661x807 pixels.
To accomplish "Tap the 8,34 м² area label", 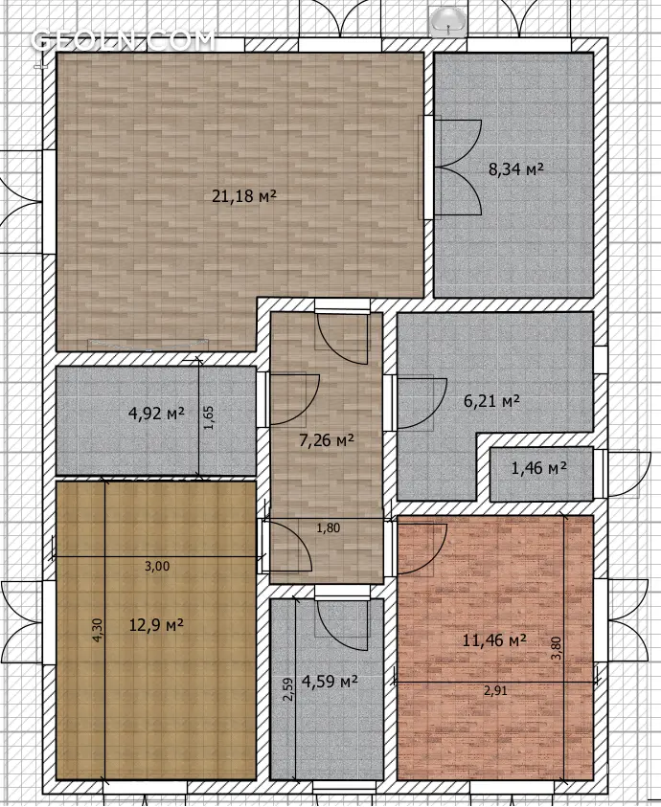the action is pyautogui.click(x=516, y=168).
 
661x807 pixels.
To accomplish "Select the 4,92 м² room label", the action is pyautogui.click(x=156, y=413).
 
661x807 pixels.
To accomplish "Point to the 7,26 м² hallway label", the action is pyautogui.click(x=326, y=440).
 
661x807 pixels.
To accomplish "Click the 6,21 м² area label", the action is pyautogui.click(x=491, y=400).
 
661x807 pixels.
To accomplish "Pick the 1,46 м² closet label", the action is pyautogui.click(x=539, y=468).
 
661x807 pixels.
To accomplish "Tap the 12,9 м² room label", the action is pyautogui.click(x=156, y=625).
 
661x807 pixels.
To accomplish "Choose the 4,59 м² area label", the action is pyautogui.click(x=330, y=682).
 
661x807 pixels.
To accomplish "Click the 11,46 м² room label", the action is pyautogui.click(x=494, y=640).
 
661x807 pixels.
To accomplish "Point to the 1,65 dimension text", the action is pyautogui.click(x=208, y=418).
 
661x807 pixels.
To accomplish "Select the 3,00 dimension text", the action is pyautogui.click(x=157, y=567).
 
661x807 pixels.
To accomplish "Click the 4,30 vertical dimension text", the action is pyautogui.click(x=98, y=630).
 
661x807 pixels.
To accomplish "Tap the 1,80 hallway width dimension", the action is pyautogui.click(x=329, y=528).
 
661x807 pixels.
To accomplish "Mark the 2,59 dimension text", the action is pyautogui.click(x=288, y=688).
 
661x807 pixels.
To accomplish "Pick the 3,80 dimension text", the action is pyautogui.click(x=556, y=648).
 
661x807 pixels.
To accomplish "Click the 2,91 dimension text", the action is pyautogui.click(x=495, y=690).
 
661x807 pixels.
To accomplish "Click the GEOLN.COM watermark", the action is pyautogui.click(x=123, y=40).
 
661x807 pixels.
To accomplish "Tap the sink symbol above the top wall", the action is pyautogui.click(x=447, y=22).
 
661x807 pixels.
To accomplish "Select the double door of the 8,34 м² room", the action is pyautogui.click(x=458, y=167).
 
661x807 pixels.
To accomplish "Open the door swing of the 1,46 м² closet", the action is pyautogui.click(x=621, y=474).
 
